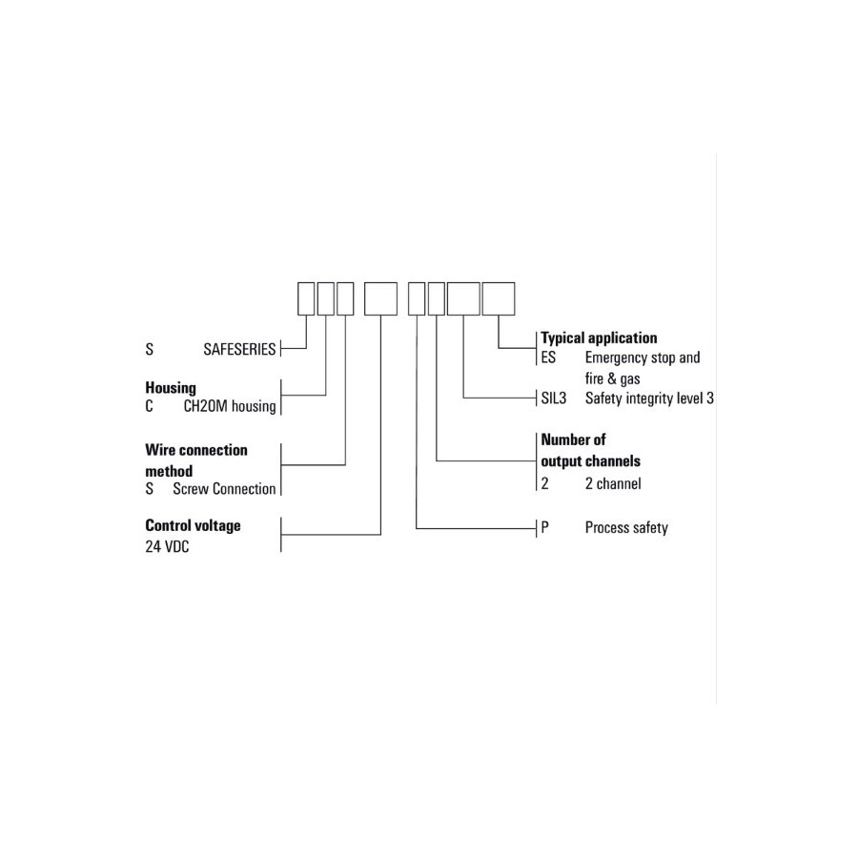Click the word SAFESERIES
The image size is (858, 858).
click(239, 349)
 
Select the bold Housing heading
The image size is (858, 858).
click(171, 388)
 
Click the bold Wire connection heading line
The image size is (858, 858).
click(195, 450)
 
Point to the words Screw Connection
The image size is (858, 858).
click(224, 489)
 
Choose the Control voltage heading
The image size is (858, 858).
click(193, 526)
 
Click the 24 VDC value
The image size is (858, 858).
click(167, 546)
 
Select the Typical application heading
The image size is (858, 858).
click(599, 338)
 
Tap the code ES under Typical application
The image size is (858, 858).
click(548, 357)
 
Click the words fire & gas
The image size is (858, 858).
click(612, 378)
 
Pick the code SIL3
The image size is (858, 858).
click(553, 398)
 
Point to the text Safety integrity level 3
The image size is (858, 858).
click(649, 398)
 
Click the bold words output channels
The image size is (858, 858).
click(590, 461)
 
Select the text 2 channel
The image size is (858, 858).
click(613, 483)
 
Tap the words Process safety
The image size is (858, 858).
click(626, 528)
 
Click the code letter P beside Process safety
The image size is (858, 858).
click(544, 527)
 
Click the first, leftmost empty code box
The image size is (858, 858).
click(306, 298)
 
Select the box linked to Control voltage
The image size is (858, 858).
click(380, 298)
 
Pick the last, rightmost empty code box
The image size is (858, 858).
click(499, 298)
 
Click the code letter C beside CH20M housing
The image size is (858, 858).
click(149, 406)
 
